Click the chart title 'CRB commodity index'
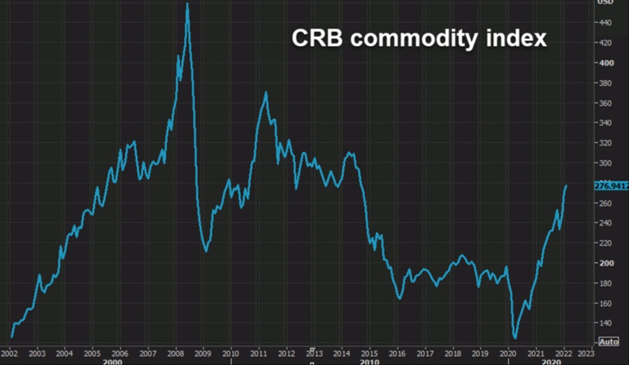click(419, 39)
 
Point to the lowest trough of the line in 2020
click(515, 338)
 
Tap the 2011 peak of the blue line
click(266, 92)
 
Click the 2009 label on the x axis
click(203, 353)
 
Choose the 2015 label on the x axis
click(368, 353)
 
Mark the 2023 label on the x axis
click(588, 353)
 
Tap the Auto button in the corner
click(609, 342)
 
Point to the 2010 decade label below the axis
click(369, 362)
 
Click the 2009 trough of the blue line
click(205, 251)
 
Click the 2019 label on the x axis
click(479, 353)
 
